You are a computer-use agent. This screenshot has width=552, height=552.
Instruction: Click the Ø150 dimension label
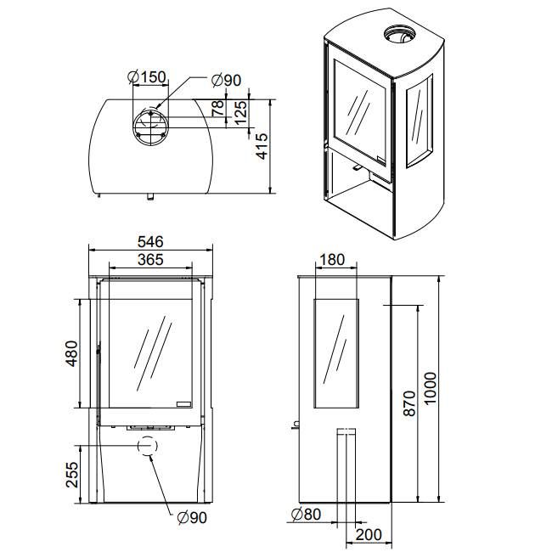coord(146,78)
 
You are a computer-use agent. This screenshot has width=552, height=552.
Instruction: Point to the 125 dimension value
coord(240,112)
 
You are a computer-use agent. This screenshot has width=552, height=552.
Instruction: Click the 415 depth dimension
coord(262,146)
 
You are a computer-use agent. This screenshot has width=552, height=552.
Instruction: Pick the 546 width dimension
coord(150,242)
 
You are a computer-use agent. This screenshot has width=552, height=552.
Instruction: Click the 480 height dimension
coord(71,353)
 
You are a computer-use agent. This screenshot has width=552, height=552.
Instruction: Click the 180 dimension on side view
coord(334,260)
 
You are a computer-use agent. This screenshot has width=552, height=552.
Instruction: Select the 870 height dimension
coord(408,404)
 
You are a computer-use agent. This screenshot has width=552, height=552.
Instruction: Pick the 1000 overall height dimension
coord(431,389)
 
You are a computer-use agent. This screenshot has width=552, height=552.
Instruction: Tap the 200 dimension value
coord(368,534)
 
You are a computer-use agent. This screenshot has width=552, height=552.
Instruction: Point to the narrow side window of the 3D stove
coord(420,120)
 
